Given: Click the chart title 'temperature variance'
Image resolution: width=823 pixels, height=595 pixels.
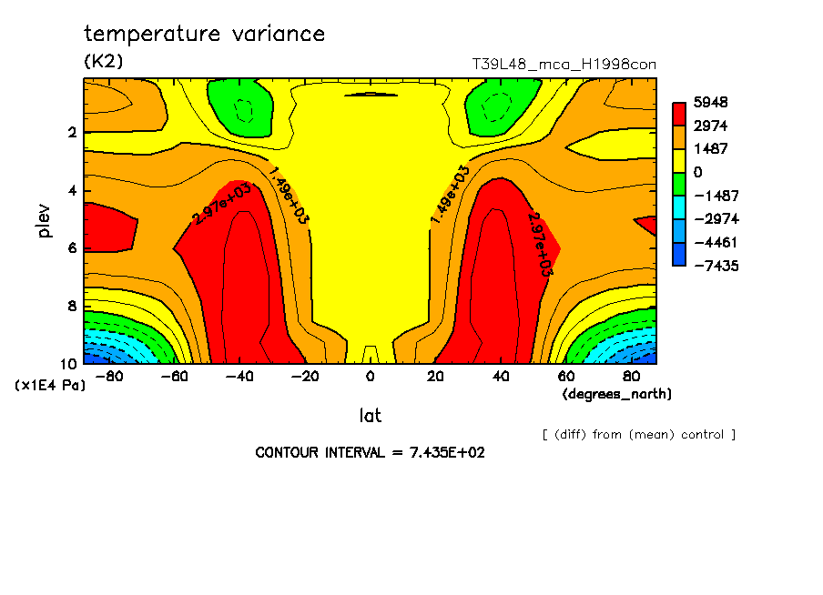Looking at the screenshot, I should [x=204, y=35].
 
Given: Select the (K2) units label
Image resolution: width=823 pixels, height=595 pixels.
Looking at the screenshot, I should [x=103, y=62].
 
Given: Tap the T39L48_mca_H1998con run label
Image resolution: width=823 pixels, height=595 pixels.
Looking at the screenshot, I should [x=564, y=65].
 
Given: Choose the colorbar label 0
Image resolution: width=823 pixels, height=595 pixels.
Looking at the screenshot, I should [x=698, y=172].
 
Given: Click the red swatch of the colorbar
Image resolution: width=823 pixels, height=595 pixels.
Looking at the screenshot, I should [x=679, y=113].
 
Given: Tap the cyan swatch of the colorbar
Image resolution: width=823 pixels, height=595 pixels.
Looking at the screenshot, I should [x=679, y=218].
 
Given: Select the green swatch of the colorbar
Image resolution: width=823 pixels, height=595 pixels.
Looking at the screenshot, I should [x=679, y=183].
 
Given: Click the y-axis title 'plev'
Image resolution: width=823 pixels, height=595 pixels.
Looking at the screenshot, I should [x=44, y=220].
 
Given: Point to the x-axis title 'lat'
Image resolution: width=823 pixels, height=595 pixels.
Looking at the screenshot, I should [x=370, y=416].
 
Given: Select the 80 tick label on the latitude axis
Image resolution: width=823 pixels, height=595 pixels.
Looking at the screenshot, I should [x=630, y=376].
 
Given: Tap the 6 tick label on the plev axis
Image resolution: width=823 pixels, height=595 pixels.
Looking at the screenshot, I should [x=73, y=248].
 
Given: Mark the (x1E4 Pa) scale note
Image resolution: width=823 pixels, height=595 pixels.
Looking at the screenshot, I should [x=50, y=386].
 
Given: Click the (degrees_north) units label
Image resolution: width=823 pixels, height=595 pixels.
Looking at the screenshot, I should [x=617, y=393].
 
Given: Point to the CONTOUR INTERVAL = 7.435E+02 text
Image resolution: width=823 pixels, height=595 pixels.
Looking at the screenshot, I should [x=370, y=452].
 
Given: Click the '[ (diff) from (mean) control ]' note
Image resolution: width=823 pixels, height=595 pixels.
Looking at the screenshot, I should [x=638, y=434].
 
